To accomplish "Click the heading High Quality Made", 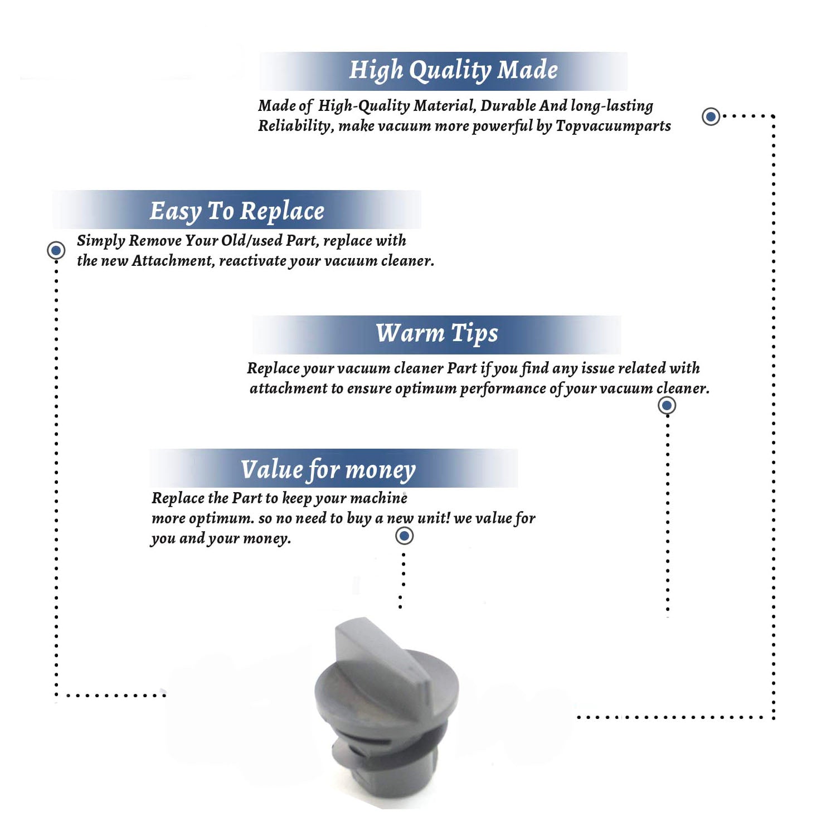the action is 453,71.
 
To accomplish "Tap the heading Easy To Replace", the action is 237,211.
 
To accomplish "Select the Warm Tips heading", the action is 437,333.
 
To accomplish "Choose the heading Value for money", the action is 328,469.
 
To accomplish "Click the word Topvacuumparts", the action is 613,127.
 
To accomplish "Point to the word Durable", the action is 508,105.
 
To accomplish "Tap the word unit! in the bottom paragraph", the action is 434,518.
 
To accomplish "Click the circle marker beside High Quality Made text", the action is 711,116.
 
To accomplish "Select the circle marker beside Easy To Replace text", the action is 56,250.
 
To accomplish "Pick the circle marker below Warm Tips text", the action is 667,405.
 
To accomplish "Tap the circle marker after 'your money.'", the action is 404,536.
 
